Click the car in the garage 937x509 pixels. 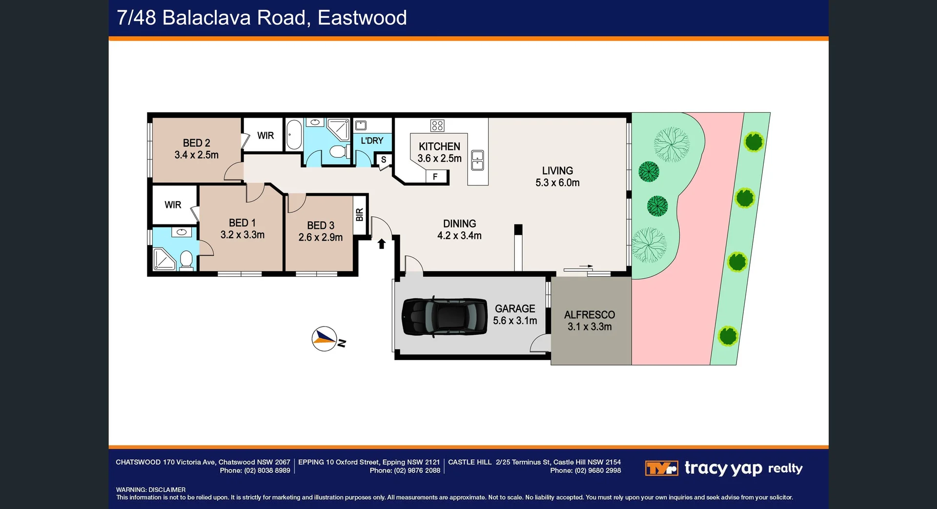pyautogui.click(x=444, y=317)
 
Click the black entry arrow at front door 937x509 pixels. pyautogui.click(x=382, y=244)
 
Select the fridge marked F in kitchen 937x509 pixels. pyautogui.click(x=435, y=177)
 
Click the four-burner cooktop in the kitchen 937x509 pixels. pyautogui.click(x=437, y=126)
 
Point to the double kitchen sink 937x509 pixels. pyautogui.click(x=477, y=160)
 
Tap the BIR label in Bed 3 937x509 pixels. pyautogui.click(x=360, y=215)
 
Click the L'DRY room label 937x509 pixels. pyautogui.click(x=372, y=141)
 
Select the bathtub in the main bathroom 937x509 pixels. pyautogui.click(x=294, y=135)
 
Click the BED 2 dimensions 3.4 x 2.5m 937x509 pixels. pyautogui.click(x=197, y=155)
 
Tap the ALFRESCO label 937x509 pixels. pyautogui.click(x=590, y=315)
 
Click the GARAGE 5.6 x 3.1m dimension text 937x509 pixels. pyautogui.click(x=515, y=321)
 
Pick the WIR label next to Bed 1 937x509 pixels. pyautogui.click(x=173, y=205)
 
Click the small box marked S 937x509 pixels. pyautogui.click(x=384, y=160)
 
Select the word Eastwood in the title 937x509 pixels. pyautogui.click(x=362, y=18)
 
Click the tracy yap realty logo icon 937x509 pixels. pyautogui.click(x=661, y=468)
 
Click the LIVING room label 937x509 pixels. pyautogui.click(x=557, y=171)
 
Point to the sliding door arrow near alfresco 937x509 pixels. pyautogui.click(x=586, y=266)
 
